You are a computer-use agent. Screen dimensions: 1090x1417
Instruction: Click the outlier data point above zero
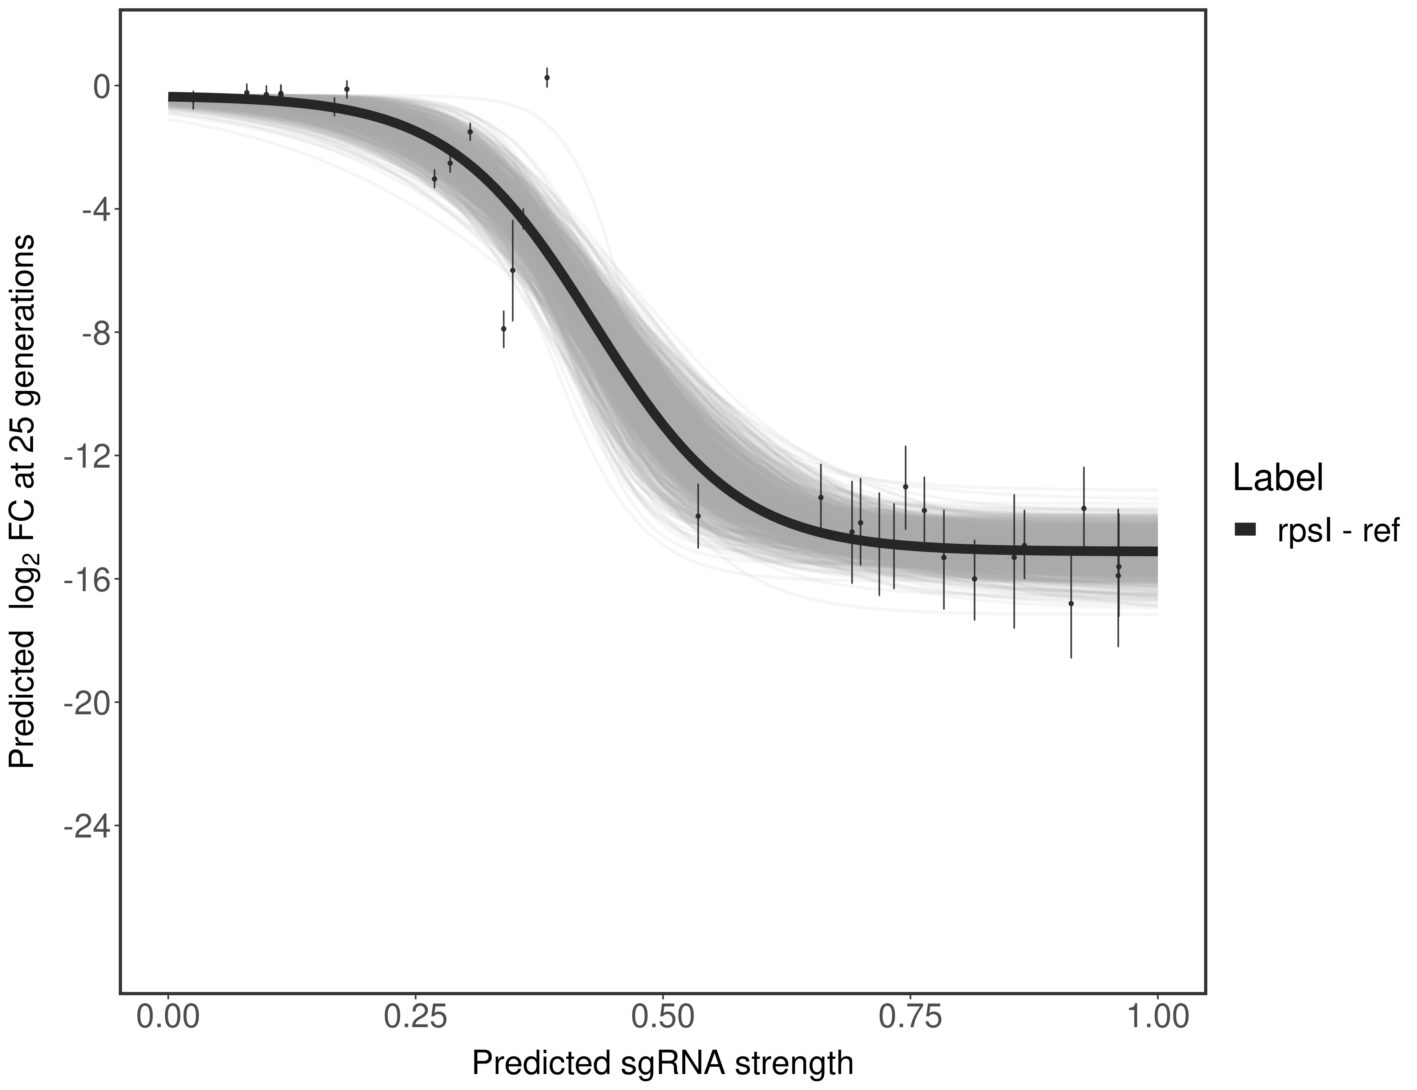tap(547, 77)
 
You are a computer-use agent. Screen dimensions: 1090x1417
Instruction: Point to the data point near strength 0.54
tap(698, 516)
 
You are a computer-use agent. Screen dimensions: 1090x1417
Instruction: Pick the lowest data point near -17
tap(1071, 603)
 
